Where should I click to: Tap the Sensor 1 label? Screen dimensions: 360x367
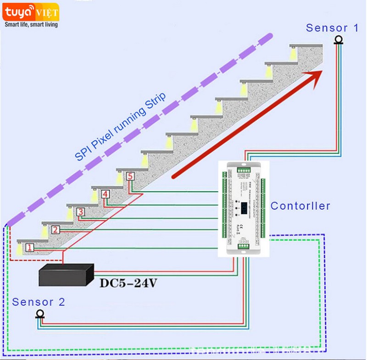coord(333,28)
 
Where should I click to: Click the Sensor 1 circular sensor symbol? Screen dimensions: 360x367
coord(339,40)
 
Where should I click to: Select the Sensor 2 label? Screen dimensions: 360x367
coord(39,302)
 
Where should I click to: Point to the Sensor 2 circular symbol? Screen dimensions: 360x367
coord(40,314)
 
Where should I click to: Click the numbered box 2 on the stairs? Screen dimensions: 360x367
coord(56,230)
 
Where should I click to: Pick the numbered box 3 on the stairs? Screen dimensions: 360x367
coord(80,212)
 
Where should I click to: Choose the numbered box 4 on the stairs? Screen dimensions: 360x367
coord(106,194)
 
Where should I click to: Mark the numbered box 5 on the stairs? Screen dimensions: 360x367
coord(130,176)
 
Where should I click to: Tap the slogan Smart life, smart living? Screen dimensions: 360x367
coord(31,24)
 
